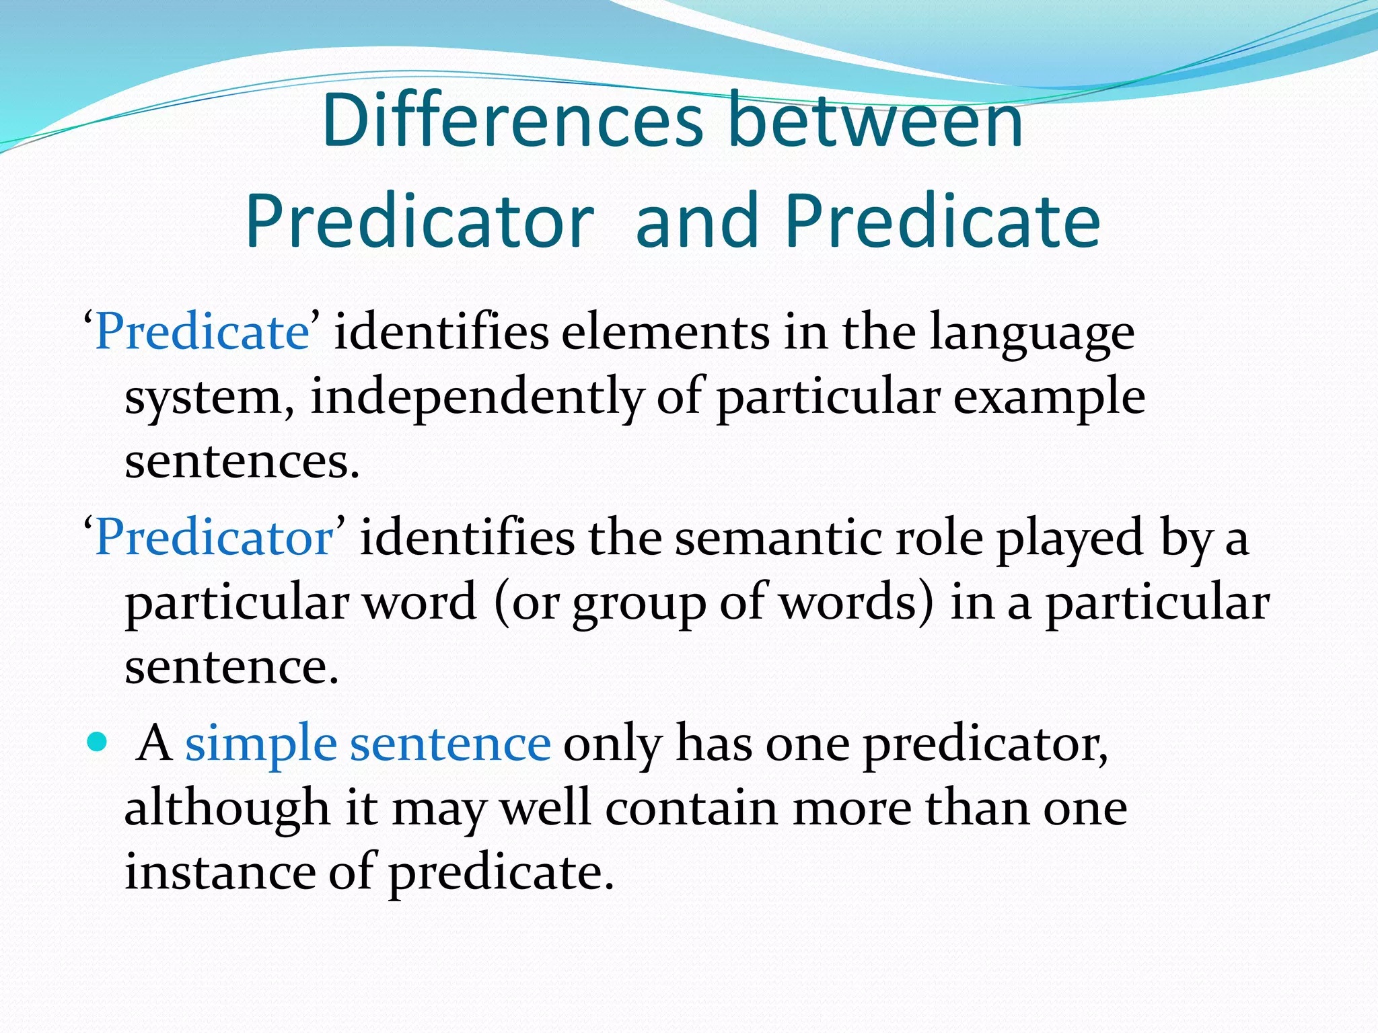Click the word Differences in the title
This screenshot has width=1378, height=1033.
coord(512,122)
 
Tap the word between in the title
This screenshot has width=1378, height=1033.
coord(875,122)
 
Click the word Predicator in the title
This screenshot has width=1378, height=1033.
coord(420,221)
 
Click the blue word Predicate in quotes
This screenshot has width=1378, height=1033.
coord(202,332)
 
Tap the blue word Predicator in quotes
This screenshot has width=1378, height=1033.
coord(214,538)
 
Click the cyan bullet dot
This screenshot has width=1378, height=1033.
coord(98,742)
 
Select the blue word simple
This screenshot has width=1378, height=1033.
coord(260,745)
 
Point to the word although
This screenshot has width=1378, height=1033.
coord(227,808)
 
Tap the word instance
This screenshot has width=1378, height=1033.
coord(220,872)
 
